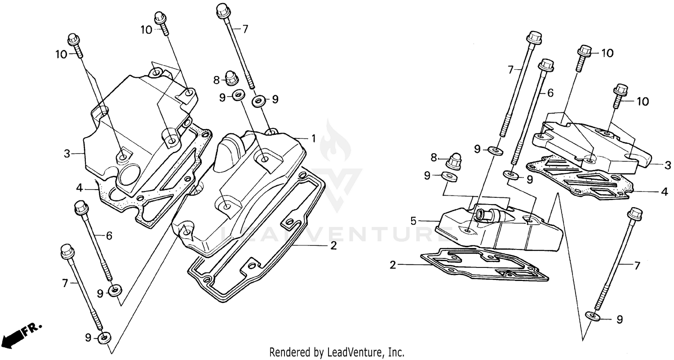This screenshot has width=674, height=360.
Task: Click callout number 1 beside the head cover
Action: pos(314,138)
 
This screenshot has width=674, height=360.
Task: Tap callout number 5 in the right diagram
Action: pos(413,221)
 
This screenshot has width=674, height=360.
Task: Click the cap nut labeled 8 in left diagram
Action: pos(231,78)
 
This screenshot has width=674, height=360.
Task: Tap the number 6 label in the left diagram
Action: pos(109,236)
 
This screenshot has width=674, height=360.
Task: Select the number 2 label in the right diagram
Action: pos(393,265)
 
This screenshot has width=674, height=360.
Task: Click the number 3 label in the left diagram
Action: pos(67,154)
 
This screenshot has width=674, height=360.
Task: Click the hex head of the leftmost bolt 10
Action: pos(74,40)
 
